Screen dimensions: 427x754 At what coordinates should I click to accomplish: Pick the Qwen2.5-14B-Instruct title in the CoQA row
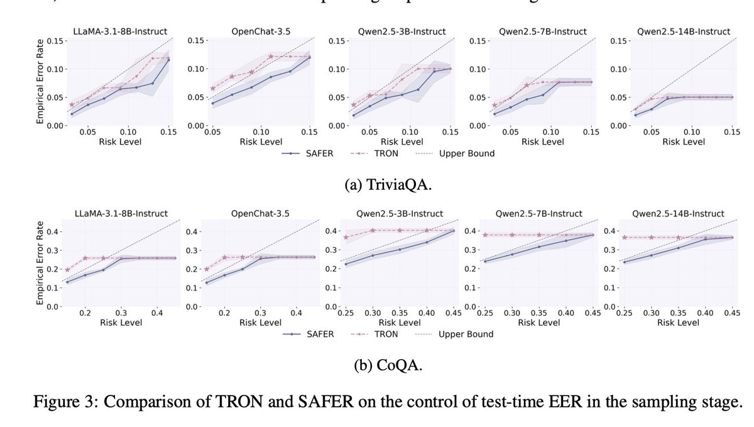tap(677, 214)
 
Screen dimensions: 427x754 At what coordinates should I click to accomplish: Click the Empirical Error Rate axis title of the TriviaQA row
tap(40, 82)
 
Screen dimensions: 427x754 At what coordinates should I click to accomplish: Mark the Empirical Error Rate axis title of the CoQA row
tap(40, 264)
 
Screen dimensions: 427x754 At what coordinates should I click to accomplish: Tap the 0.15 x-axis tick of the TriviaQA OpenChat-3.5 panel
tap(309, 131)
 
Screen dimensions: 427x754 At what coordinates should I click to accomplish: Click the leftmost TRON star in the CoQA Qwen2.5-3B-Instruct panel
tap(346, 237)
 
